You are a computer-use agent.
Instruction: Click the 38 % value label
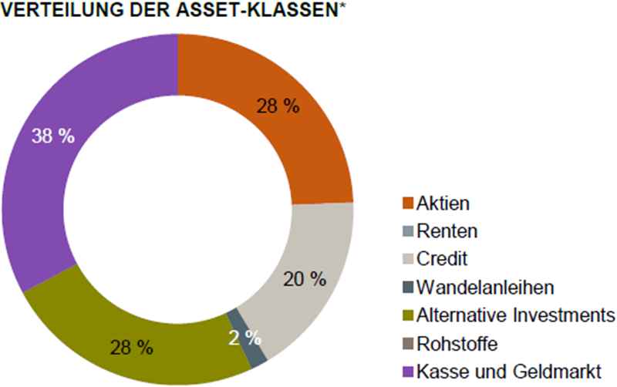53,136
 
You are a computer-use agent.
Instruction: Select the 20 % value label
305,279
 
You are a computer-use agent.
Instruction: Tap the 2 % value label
244,338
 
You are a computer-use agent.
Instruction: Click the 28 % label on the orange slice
278,106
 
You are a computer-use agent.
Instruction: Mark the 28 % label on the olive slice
131,348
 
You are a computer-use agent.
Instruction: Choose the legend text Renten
447,231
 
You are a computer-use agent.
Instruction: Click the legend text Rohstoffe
457,344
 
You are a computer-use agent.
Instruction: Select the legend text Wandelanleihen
485,288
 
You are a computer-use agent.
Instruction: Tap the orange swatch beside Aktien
408,204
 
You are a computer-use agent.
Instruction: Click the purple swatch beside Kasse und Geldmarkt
408,372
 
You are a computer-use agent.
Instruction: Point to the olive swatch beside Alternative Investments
408,315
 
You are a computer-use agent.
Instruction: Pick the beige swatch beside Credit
408,259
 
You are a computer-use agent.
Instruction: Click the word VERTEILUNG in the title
62,10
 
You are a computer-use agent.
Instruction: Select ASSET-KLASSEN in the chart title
257,10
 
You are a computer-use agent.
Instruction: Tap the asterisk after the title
342,5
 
